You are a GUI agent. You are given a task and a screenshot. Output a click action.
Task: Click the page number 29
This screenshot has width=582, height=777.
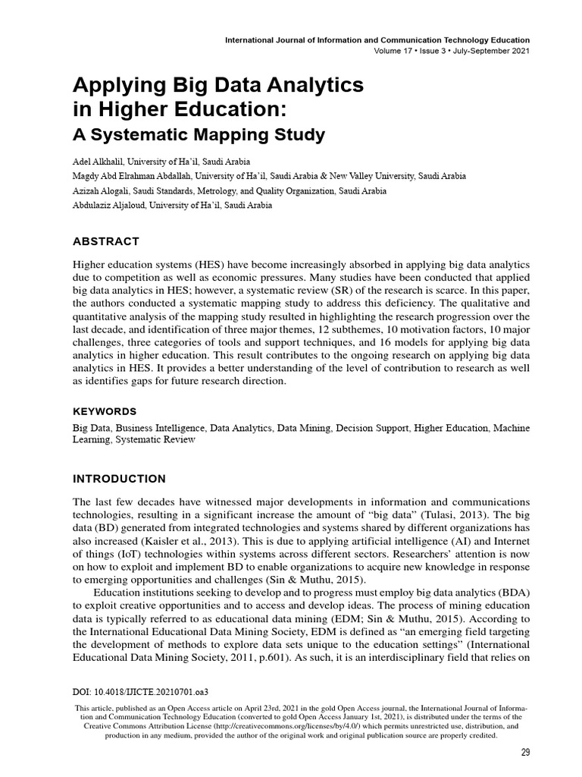[525, 753]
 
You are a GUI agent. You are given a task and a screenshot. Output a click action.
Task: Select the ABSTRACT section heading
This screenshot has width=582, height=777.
[105, 241]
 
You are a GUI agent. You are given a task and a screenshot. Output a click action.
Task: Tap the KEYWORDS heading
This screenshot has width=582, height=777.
[105, 411]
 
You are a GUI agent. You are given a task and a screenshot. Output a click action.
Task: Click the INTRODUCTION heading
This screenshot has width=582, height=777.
[119, 479]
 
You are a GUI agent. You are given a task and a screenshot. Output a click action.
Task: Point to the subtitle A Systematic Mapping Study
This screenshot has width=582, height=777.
[199, 136]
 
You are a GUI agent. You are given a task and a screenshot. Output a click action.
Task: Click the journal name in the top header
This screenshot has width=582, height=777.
[377, 39]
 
